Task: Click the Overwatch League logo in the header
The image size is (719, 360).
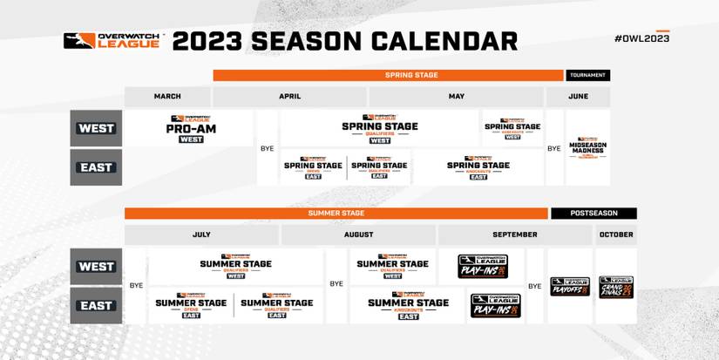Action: click(x=112, y=41)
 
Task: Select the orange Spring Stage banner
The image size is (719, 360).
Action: click(x=388, y=75)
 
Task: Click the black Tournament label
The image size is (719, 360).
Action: click(x=587, y=75)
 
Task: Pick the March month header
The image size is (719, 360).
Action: click(x=167, y=97)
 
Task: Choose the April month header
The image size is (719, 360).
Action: click(x=289, y=97)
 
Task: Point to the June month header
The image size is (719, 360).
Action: click(x=577, y=97)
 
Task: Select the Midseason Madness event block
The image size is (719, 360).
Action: click(x=587, y=147)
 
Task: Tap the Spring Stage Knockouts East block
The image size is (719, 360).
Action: click(x=478, y=166)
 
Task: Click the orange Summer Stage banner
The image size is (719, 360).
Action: click(x=336, y=213)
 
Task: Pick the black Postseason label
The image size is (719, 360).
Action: click(x=594, y=213)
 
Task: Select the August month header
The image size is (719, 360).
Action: click(x=358, y=234)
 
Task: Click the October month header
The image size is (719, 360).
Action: click(x=615, y=234)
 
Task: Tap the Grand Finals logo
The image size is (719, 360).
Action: click(x=615, y=287)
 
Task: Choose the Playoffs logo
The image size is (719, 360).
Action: click(x=569, y=287)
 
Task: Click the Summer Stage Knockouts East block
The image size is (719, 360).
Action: click(x=408, y=305)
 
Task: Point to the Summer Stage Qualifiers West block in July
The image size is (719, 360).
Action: click(x=235, y=266)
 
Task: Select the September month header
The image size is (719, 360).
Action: click(x=515, y=234)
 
